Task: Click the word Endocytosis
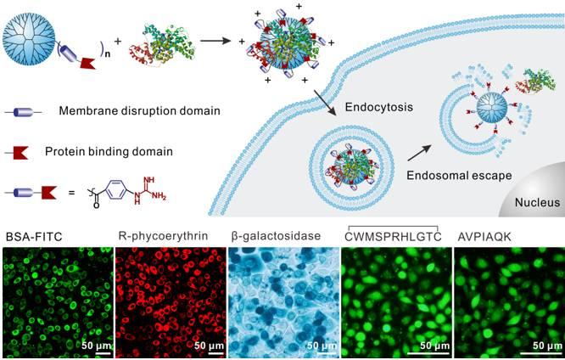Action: coord(379,107)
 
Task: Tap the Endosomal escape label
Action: coord(459,175)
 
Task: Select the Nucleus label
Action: coord(537,202)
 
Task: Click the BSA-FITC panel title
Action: coord(34,237)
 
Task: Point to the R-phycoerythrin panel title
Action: coord(163,236)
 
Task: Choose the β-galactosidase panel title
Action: coord(276,236)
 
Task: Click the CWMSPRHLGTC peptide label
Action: coord(393,237)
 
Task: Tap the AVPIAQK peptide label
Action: coord(484,237)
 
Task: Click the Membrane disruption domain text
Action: coord(139,110)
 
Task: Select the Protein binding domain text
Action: coord(109,151)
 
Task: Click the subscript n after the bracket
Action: coord(108,54)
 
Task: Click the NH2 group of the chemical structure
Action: coord(159,196)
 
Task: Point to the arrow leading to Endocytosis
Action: coord(326,103)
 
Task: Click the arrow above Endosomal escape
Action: coord(419,153)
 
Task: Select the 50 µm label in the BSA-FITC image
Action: coord(96,346)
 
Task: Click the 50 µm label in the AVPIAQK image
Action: coord(547,346)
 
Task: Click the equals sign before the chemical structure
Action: coord(72,193)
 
